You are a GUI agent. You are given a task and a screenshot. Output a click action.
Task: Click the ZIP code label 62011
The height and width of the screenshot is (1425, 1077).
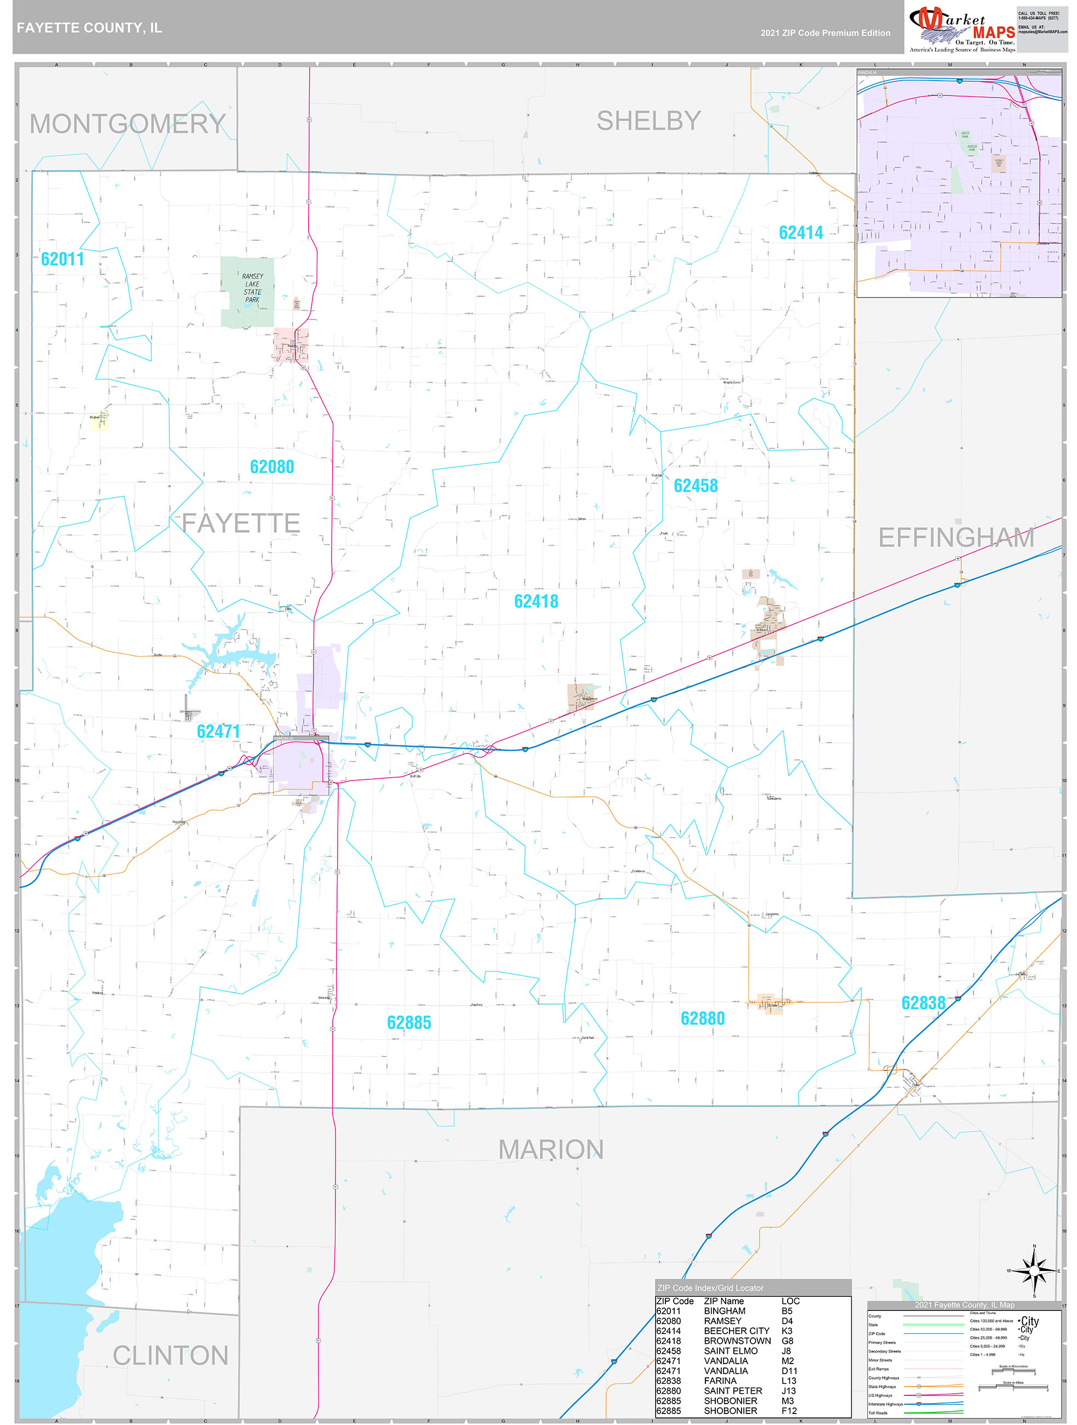tap(62, 259)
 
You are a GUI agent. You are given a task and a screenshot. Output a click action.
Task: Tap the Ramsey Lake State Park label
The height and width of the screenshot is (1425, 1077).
tap(252, 288)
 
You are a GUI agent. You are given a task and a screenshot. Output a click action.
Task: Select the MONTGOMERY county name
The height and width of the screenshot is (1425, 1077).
tap(128, 124)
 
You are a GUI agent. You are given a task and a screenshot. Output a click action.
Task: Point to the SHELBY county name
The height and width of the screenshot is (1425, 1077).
tap(648, 121)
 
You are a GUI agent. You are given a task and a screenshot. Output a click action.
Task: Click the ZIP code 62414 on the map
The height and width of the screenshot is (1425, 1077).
tap(800, 232)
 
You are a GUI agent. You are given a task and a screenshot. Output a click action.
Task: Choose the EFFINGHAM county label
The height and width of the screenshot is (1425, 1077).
tap(956, 537)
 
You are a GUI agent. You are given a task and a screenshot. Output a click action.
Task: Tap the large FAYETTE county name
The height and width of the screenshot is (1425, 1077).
tap(241, 522)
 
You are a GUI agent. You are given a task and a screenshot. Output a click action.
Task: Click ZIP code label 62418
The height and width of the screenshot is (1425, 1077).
tap(536, 601)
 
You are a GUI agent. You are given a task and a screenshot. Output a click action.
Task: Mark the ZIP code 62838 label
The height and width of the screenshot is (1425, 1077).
tap(922, 1003)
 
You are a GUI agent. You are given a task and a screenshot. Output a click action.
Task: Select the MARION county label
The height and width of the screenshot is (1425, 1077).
tap(551, 1149)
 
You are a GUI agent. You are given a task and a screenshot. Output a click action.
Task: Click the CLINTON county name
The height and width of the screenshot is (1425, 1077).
tap(170, 1355)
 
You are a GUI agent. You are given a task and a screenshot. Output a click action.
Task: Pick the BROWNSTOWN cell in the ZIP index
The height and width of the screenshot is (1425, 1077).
tap(737, 1341)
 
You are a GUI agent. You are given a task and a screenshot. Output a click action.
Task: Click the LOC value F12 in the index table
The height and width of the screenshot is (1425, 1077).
tap(789, 1410)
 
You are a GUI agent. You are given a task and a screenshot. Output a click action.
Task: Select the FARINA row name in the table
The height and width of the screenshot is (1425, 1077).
tap(720, 1381)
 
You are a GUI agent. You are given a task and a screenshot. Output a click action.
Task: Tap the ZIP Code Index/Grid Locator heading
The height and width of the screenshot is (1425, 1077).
tap(710, 1288)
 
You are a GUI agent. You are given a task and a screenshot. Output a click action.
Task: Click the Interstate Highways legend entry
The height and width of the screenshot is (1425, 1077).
tap(885, 1404)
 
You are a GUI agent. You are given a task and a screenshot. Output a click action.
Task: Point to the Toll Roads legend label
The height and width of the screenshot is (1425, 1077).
tap(877, 1413)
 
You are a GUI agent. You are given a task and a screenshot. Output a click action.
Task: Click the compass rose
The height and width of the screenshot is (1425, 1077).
tap(1034, 1271)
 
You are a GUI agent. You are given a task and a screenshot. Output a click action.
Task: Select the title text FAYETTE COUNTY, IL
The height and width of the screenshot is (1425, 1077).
tap(89, 28)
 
